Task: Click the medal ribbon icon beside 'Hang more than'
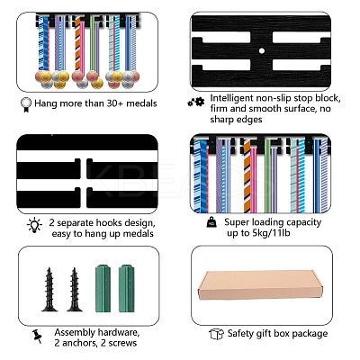(x=26, y=104)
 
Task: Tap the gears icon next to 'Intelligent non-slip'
(x=196, y=103)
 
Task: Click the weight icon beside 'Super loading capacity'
(x=211, y=223)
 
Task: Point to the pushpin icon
(x=37, y=337)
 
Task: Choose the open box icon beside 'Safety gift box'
(x=216, y=334)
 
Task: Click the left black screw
(x=49, y=290)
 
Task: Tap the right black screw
(x=75, y=290)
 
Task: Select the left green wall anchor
(x=103, y=288)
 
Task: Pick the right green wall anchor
(x=126, y=288)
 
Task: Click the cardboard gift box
(x=260, y=285)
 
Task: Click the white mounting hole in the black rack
(x=262, y=50)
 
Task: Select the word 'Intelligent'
(x=232, y=98)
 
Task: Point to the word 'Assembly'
(x=75, y=333)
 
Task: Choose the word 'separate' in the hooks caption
(x=75, y=223)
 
